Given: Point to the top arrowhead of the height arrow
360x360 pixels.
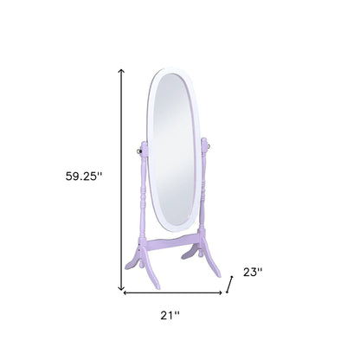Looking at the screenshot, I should [x=121, y=72].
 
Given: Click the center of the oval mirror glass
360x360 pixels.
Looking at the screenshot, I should [x=176, y=147].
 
